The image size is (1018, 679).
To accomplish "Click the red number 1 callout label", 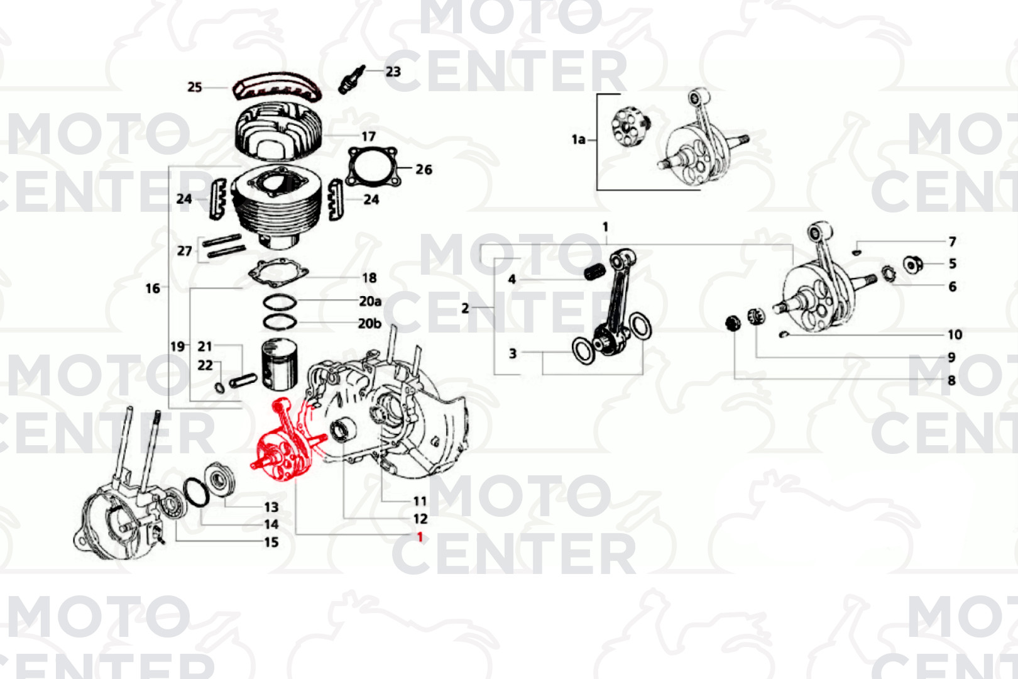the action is [420, 537].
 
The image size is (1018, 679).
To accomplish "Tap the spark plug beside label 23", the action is [352, 79].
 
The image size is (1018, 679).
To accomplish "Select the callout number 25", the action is [195, 87].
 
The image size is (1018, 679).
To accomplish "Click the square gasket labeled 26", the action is [373, 167].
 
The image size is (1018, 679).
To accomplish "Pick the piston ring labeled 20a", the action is [280, 302].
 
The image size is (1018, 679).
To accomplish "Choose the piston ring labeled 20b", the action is [280, 322].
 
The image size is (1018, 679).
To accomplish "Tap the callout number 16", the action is [153, 289].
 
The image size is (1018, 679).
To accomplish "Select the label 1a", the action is [578, 140].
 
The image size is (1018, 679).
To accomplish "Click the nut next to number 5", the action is [912, 265].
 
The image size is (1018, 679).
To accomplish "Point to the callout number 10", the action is [955, 334].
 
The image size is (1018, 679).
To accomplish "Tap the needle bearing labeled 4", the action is [594, 273].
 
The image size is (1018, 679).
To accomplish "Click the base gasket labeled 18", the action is [278, 273].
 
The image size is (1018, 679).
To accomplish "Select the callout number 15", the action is [271, 542].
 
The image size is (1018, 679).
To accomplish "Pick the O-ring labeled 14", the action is [196, 492].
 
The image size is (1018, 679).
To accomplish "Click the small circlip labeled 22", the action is [219, 388].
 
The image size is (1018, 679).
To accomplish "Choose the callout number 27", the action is [184, 251].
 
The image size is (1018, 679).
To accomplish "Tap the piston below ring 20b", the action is [280, 365].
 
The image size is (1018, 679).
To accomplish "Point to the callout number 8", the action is [951, 380].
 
